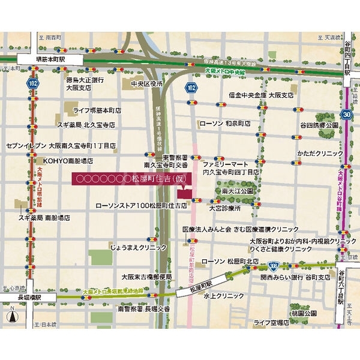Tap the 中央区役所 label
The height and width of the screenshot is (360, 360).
coord(146,83)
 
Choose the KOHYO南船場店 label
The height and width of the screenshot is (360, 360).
coord(68,161)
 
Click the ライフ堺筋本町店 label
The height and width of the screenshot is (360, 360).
coord(97,110)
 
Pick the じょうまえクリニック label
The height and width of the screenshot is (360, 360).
coord(138,247)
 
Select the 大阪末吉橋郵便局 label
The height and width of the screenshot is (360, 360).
coord(146,277)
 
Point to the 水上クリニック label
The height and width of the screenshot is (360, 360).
coord(223,296)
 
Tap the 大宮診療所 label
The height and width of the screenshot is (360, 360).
coord(224,208)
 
